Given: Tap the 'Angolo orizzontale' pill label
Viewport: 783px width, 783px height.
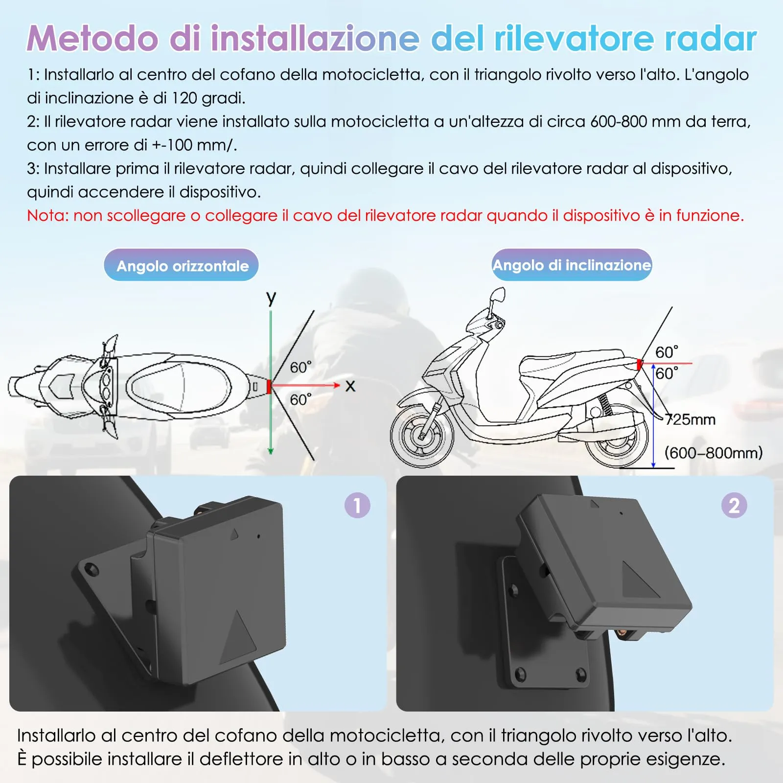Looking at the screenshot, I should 182,266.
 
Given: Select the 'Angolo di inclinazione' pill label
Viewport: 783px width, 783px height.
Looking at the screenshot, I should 572,265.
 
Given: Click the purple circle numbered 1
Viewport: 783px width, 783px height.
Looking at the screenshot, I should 357,505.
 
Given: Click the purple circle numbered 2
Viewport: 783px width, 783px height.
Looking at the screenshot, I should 734,505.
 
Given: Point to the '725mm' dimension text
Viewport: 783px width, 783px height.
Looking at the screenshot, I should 690,419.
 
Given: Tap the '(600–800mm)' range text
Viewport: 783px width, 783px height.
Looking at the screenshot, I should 713,452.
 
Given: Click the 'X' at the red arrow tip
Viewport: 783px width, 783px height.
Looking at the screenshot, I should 350,386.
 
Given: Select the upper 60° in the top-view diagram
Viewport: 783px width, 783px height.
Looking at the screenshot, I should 300,367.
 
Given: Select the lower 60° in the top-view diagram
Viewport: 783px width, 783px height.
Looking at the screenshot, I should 300,399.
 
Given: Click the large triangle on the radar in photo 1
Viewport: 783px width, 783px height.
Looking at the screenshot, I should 238,636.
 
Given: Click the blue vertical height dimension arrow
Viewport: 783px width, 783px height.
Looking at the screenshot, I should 653,416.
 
